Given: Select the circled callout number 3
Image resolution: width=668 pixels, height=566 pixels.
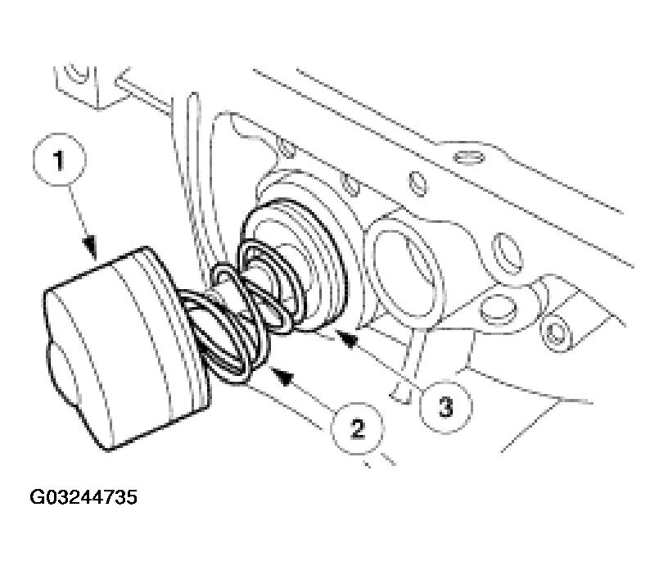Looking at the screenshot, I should pyautogui.click(x=445, y=403).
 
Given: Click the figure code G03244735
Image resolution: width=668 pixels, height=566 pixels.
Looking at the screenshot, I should pyautogui.click(x=84, y=497).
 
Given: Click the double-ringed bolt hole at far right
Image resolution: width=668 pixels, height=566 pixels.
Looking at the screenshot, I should pyautogui.click(x=558, y=332).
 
